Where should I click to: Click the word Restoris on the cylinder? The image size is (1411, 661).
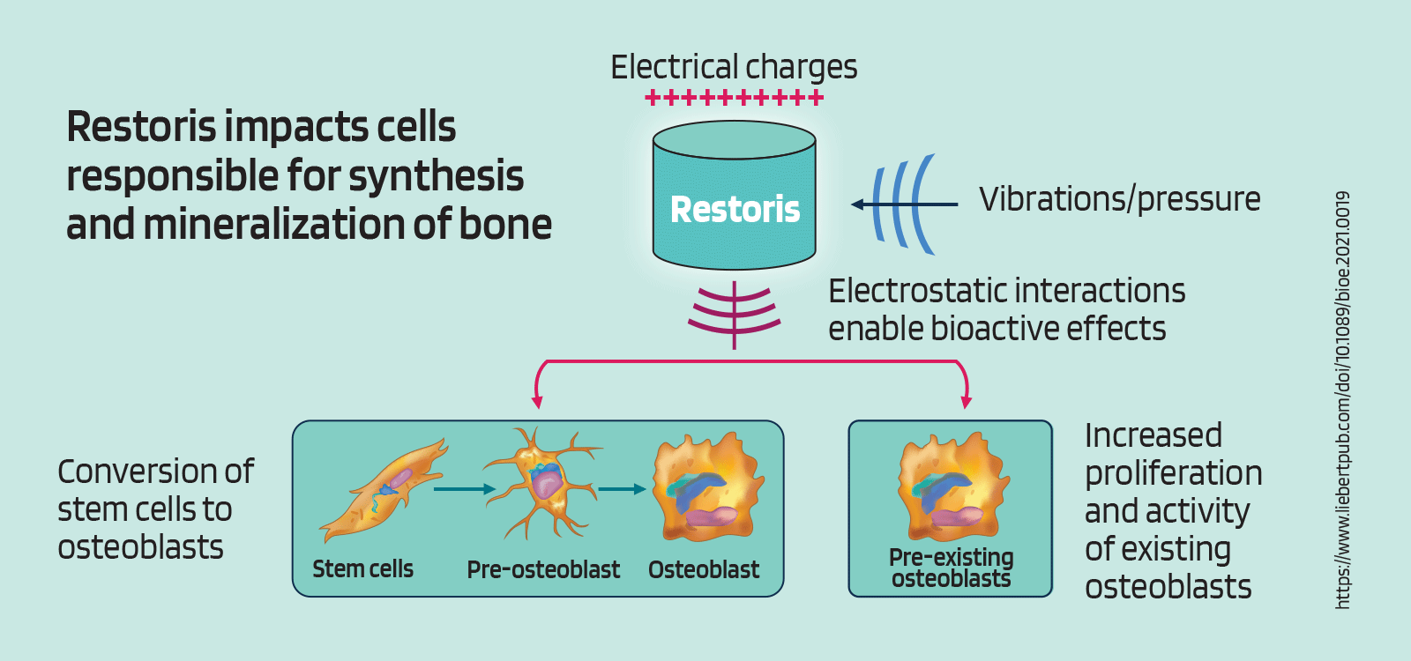pyautogui.click(x=735, y=210)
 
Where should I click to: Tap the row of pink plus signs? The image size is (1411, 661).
pyautogui.click(x=735, y=98)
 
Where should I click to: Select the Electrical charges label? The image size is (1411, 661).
pyautogui.click(x=734, y=68)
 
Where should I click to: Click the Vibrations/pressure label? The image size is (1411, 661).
pyautogui.click(x=1119, y=199)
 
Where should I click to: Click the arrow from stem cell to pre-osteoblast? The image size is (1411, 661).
pyautogui.click(x=465, y=489)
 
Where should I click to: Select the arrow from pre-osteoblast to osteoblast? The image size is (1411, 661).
pyautogui.click(x=623, y=489)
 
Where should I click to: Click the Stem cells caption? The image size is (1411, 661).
pyautogui.click(x=362, y=569)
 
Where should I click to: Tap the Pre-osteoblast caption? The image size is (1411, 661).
pyautogui.click(x=543, y=570)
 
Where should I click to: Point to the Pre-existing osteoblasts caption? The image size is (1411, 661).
pyautogui.click(x=951, y=568)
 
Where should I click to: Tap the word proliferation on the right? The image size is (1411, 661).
pyautogui.click(x=1173, y=474)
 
